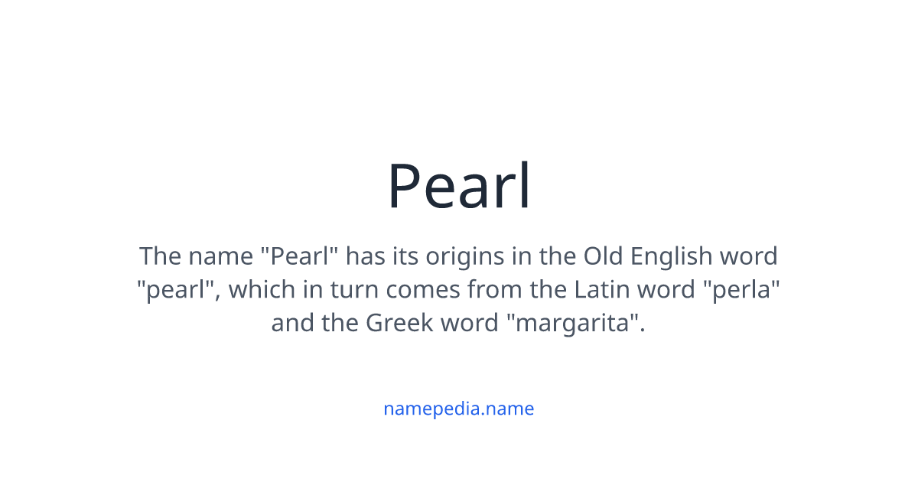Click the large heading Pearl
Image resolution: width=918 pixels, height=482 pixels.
459,186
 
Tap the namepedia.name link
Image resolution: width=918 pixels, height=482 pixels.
458,409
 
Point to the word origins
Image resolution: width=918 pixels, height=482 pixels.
461,256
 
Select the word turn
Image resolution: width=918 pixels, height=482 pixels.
356,289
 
